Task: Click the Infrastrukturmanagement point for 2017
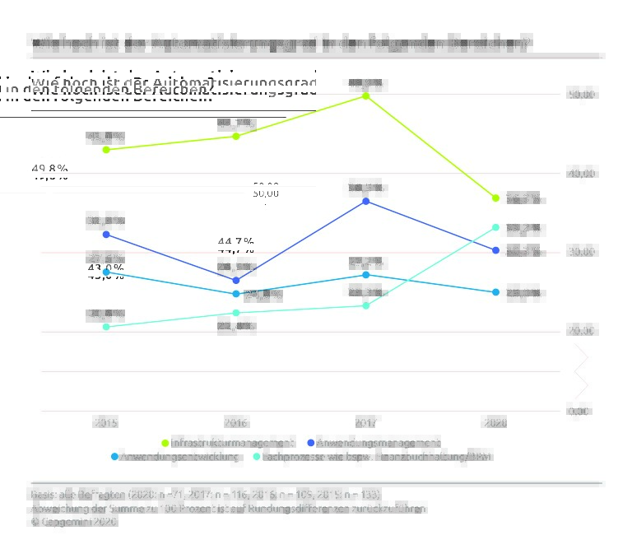pyautogui.click(x=365, y=96)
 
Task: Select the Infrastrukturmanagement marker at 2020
pyautogui.click(x=495, y=198)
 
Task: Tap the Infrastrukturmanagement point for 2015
pyautogui.click(x=106, y=150)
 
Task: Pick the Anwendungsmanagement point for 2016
pyautogui.click(x=236, y=281)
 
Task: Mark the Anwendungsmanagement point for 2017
pyautogui.click(x=365, y=201)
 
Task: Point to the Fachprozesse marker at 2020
pyautogui.click(x=495, y=227)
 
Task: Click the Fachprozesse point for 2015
pyautogui.click(x=106, y=327)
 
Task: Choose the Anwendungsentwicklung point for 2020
pyautogui.click(x=495, y=292)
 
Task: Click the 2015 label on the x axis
pyautogui.click(x=106, y=423)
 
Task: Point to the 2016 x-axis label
pyautogui.click(x=236, y=423)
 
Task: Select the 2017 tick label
pyautogui.click(x=365, y=423)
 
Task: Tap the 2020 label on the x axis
pyautogui.click(x=495, y=423)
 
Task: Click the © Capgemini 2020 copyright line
pyautogui.click(x=74, y=522)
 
